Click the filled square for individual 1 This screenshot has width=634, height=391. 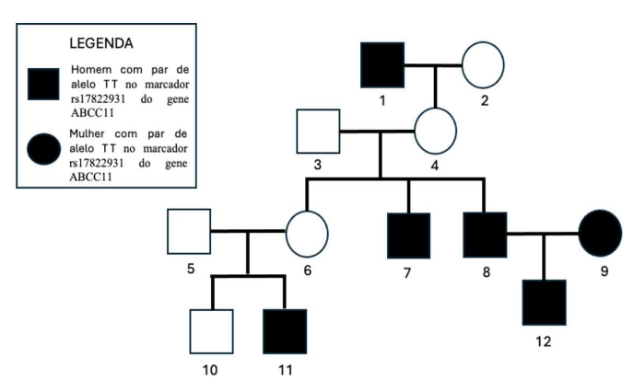(x=382, y=65)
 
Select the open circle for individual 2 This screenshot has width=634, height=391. (x=482, y=65)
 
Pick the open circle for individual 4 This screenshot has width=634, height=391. (x=435, y=132)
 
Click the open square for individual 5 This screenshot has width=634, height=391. (x=189, y=231)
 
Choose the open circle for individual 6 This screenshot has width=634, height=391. (x=307, y=234)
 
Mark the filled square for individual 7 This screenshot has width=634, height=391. (x=408, y=234)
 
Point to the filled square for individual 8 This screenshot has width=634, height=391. (x=484, y=234)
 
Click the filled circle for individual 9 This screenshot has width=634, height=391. (x=600, y=234)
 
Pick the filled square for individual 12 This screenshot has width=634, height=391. (x=545, y=303)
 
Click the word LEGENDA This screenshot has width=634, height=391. (x=101, y=43)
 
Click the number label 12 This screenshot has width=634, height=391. (x=545, y=340)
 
